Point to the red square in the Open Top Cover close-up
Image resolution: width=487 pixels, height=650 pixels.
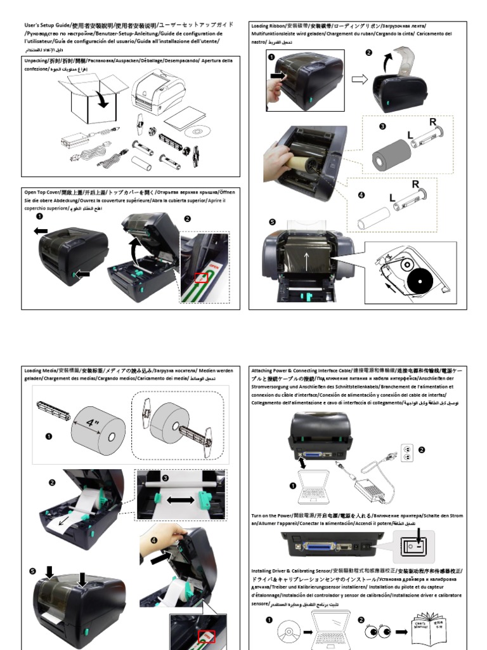coord(201,277)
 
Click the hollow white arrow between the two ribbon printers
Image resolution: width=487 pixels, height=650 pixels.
coord(359,79)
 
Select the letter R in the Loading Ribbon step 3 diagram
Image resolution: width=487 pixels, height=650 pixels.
coord(433,121)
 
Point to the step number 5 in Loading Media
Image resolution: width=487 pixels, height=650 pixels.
coord(33,571)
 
